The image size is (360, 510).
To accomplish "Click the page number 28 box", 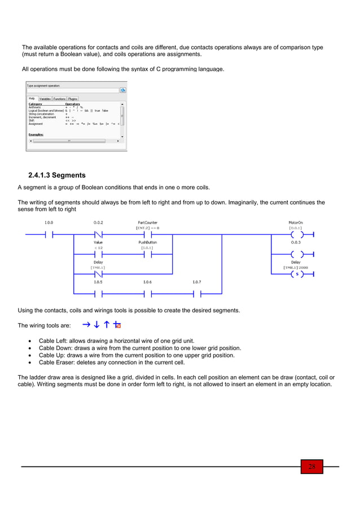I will (x=311, y=467).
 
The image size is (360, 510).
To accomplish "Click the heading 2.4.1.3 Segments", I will (x=56, y=175).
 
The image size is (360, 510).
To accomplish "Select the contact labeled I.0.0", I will (x=49, y=234).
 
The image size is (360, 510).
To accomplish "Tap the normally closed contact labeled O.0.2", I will (x=98, y=234).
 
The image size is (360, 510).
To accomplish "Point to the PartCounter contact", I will (x=147, y=234).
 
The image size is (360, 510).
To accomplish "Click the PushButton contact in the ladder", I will (x=147, y=254).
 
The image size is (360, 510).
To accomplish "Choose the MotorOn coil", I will (x=295, y=234).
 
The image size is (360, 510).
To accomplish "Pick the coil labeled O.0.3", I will (x=295, y=254).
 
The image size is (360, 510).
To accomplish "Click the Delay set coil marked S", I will (x=295, y=274).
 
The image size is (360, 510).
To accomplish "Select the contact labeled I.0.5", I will (x=98, y=294).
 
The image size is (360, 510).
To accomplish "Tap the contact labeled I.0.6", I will (x=147, y=294).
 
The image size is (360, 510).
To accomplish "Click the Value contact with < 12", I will (x=98, y=254).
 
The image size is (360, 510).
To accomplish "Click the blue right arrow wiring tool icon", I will (x=86, y=325).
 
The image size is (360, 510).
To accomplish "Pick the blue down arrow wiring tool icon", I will (x=96, y=325).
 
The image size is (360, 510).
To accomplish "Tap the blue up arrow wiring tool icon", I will (x=107, y=325).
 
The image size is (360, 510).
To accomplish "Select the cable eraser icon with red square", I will (x=117, y=325).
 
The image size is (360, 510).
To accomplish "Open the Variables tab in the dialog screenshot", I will (x=45, y=98).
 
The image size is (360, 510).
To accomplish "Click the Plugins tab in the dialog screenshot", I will (x=73, y=98).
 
